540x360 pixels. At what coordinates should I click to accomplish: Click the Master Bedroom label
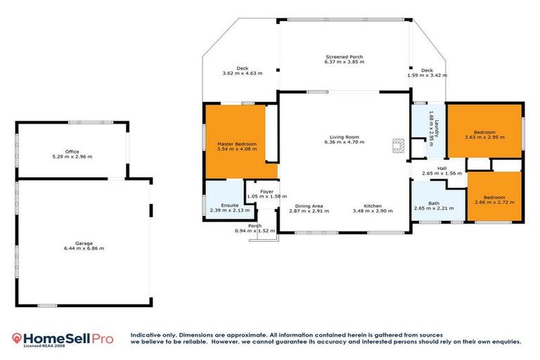pyautogui.click(x=236, y=144)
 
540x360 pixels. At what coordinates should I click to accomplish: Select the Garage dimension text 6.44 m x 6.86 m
pyautogui.click(x=84, y=248)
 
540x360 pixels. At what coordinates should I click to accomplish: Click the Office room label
pyautogui.click(x=72, y=151)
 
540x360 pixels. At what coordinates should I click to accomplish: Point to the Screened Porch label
pyautogui.click(x=344, y=56)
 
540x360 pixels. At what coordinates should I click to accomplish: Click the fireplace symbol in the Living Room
pyautogui.click(x=398, y=146)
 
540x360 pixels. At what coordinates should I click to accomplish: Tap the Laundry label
pyautogui.click(x=436, y=128)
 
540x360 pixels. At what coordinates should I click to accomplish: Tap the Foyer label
pyautogui.click(x=266, y=191)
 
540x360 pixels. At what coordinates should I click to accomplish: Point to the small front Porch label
pyautogui.click(x=254, y=226)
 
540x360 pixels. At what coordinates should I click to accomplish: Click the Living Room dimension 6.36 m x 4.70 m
pyautogui.click(x=344, y=143)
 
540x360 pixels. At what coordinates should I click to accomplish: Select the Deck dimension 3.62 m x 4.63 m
pyautogui.click(x=242, y=73)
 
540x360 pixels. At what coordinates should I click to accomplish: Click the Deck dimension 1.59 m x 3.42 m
pyautogui.click(x=427, y=75)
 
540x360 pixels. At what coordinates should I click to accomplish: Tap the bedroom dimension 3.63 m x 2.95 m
pyautogui.click(x=484, y=137)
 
